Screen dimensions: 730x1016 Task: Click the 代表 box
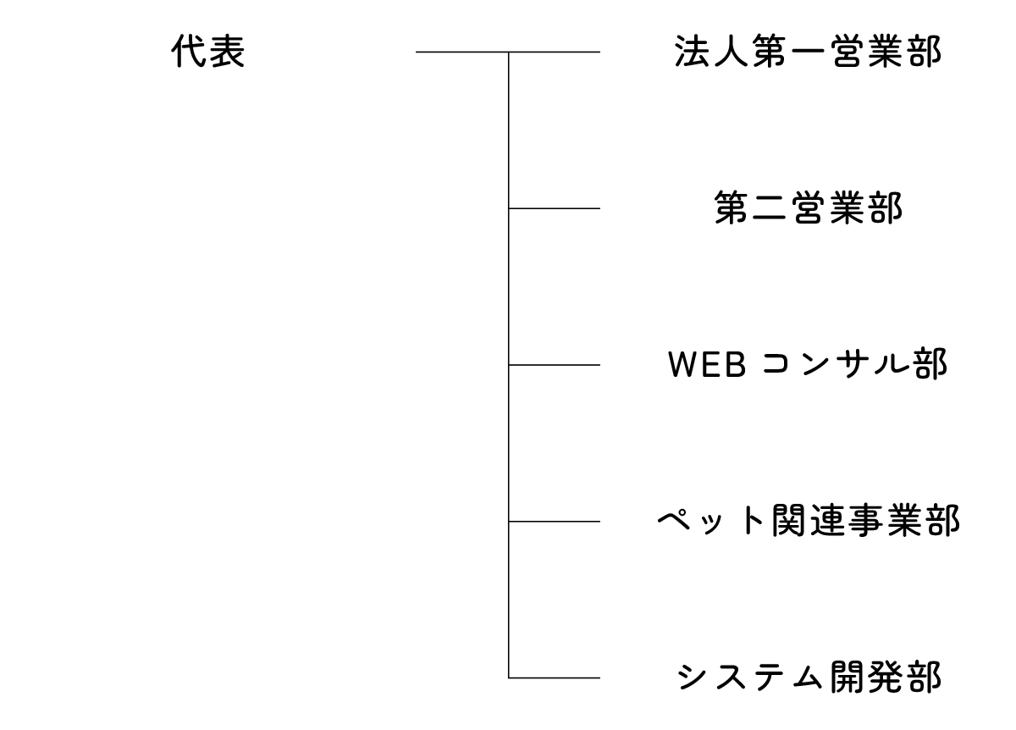click(x=207, y=53)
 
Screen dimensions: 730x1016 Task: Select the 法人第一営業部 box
click(x=807, y=53)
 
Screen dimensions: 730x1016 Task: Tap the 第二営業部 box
click(x=807, y=209)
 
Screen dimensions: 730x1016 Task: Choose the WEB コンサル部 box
click(x=807, y=365)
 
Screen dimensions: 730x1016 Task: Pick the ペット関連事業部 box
click(x=807, y=521)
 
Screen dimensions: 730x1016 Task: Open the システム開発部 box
click(x=807, y=677)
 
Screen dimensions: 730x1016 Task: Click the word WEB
click(x=705, y=365)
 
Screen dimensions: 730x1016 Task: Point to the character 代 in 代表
click(x=189, y=53)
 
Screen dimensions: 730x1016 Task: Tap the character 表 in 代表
click(x=227, y=53)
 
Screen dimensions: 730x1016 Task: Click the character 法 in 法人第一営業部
click(x=692, y=53)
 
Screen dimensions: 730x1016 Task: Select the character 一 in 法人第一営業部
click(x=807, y=53)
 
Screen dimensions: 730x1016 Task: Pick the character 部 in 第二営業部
click(x=885, y=209)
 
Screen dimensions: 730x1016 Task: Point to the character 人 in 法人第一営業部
click(x=730, y=53)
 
